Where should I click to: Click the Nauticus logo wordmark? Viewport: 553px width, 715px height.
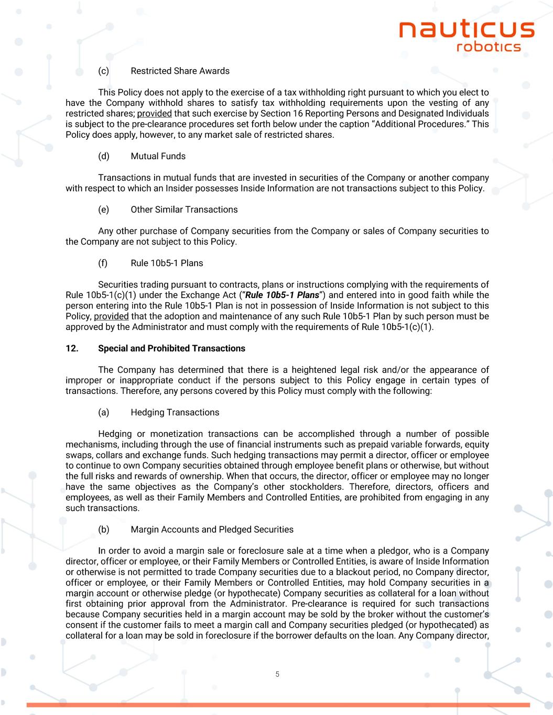pos(467,29)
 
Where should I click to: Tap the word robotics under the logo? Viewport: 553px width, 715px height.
pos(489,47)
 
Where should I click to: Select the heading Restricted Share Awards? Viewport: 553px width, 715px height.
pos(180,71)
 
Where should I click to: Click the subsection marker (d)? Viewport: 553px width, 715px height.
pos(103,156)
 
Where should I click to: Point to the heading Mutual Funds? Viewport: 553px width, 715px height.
pos(158,156)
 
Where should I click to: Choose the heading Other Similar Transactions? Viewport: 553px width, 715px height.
pos(184,210)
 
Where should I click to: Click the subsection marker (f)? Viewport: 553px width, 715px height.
pos(103,263)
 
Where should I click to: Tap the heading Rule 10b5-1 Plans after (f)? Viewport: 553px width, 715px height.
pos(167,263)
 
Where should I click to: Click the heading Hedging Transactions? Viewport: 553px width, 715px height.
pos(175,412)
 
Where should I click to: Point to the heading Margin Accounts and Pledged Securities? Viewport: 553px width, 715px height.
pos(212,529)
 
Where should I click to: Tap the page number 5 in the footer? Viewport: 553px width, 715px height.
pos(277,674)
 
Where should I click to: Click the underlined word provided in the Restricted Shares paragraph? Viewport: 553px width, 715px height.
pos(155,114)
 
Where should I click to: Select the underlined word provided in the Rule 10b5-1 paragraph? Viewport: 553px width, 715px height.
pos(111,316)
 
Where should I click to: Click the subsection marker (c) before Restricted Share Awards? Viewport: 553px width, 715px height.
pos(103,71)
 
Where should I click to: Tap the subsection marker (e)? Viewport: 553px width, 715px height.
pos(103,210)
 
